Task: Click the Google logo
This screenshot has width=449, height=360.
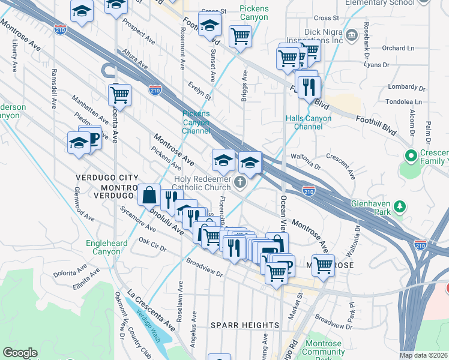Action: (x=20, y=352)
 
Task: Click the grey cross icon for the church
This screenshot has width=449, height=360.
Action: (x=240, y=182)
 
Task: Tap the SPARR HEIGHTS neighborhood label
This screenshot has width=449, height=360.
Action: (x=245, y=325)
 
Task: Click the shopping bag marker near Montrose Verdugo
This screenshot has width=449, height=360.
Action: (x=148, y=195)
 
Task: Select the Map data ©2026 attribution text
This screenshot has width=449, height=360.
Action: (x=423, y=355)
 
